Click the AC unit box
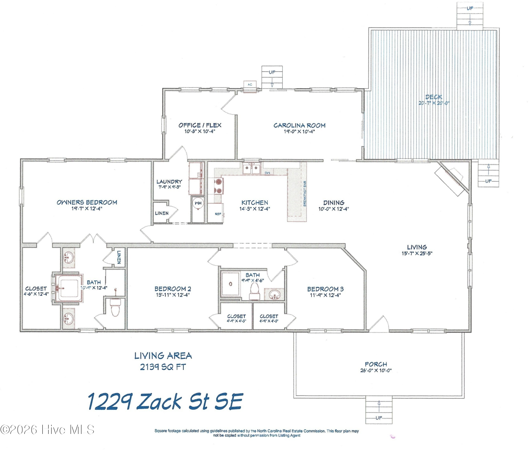(x=250, y=84)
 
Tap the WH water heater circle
(x=198, y=203)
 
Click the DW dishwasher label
(x=267, y=173)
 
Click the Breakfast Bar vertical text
(x=305, y=194)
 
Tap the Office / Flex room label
(x=200, y=125)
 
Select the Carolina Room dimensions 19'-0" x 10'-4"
(x=299, y=132)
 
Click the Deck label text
(x=434, y=97)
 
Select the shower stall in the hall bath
(x=230, y=284)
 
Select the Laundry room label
(x=169, y=182)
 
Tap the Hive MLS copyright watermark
(x=47, y=430)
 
